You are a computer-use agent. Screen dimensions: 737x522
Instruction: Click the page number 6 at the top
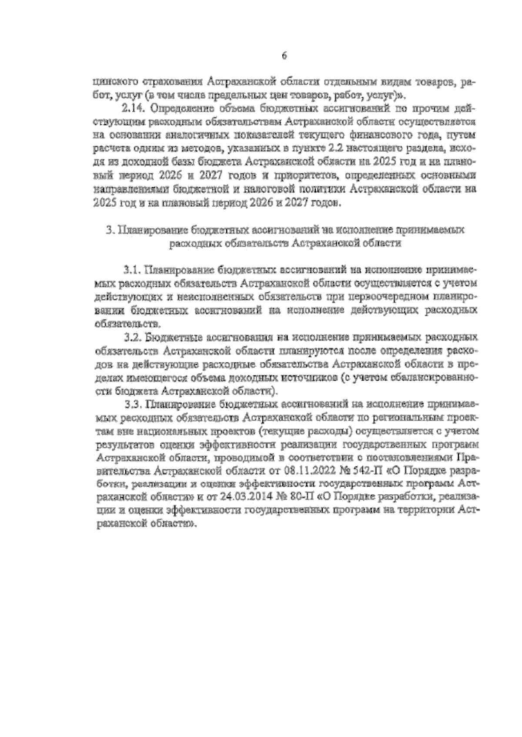click(x=284, y=56)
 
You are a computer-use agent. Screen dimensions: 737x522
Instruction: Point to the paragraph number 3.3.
click(x=132, y=404)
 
